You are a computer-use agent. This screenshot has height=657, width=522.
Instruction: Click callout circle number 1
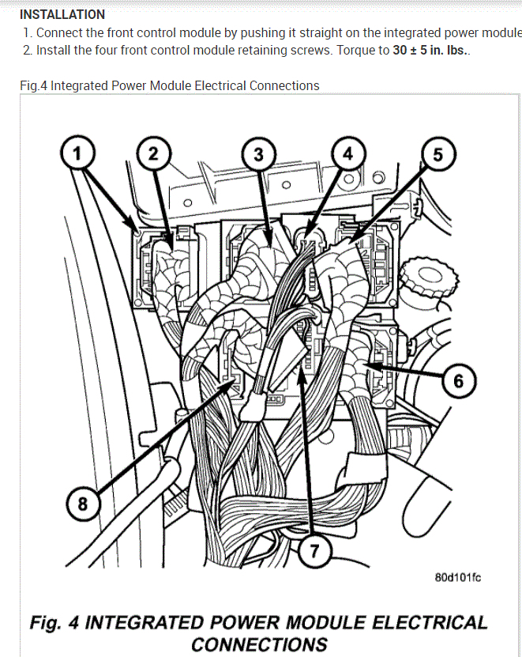pyautogui.click(x=77, y=152)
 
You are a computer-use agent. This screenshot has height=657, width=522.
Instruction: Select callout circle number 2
pyautogui.click(x=153, y=152)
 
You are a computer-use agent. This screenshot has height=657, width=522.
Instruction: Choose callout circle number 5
pyautogui.click(x=438, y=152)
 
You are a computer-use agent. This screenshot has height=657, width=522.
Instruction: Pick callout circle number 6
pyautogui.click(x=457, y=382)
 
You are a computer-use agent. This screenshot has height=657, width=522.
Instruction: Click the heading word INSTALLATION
pyautogui.click(x=62, y=14)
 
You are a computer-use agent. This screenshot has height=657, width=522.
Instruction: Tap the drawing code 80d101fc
pyautogui.click(x=457, y=577)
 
